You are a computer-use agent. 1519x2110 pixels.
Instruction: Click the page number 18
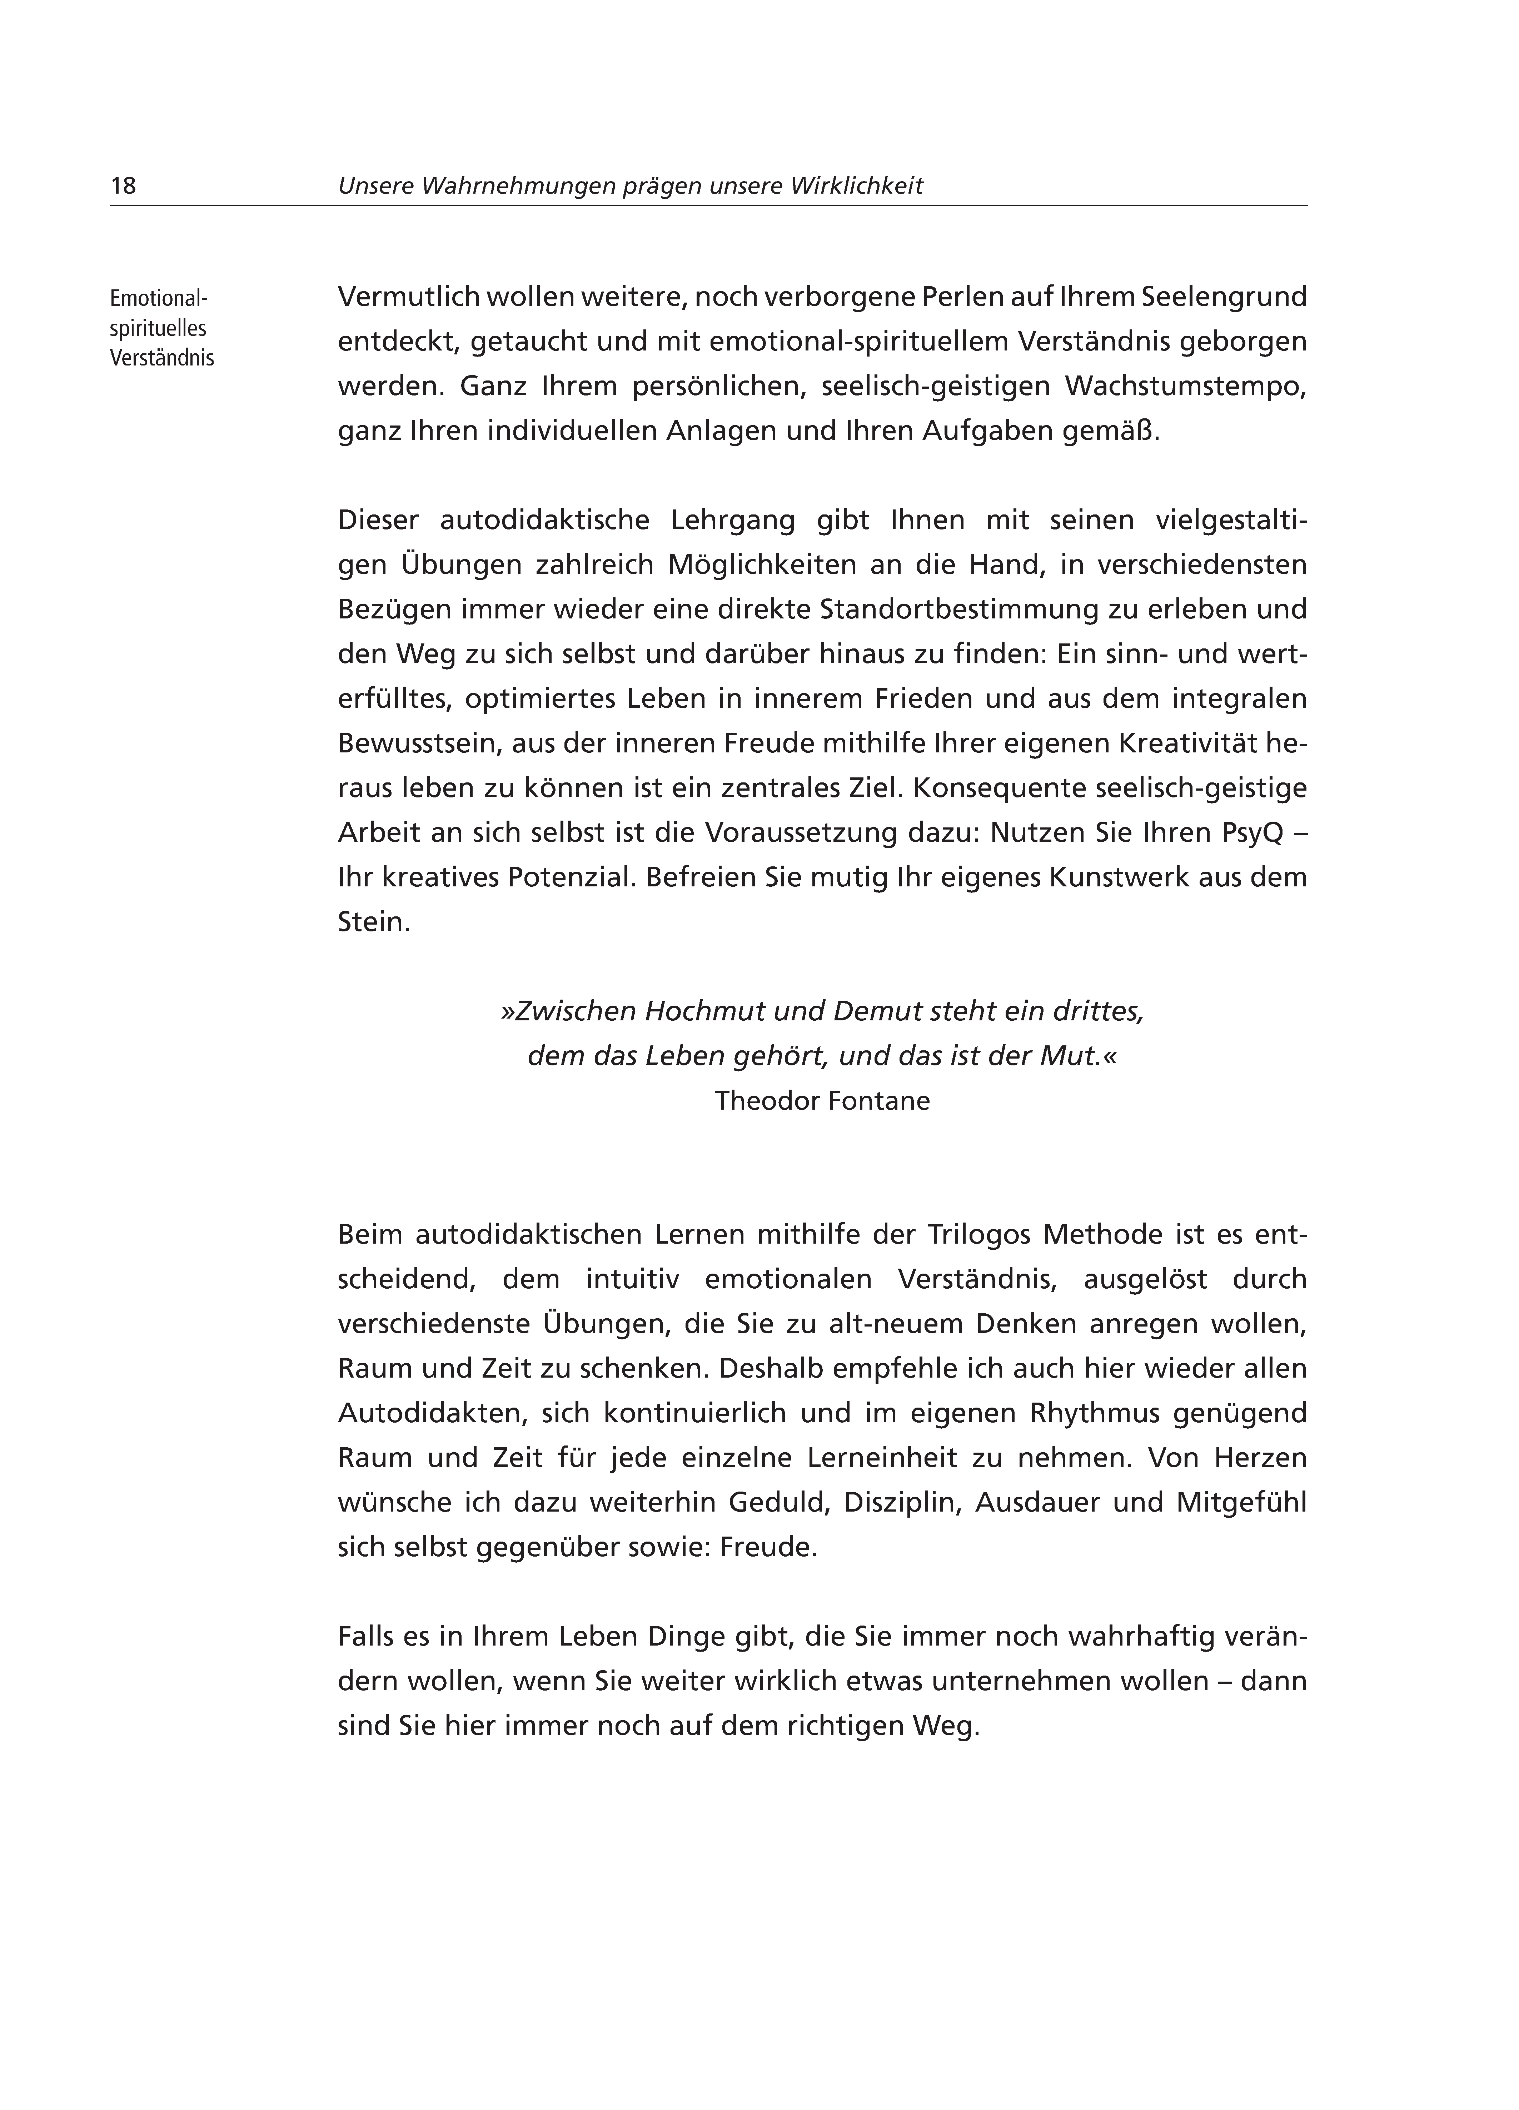(x=123, y=186)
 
